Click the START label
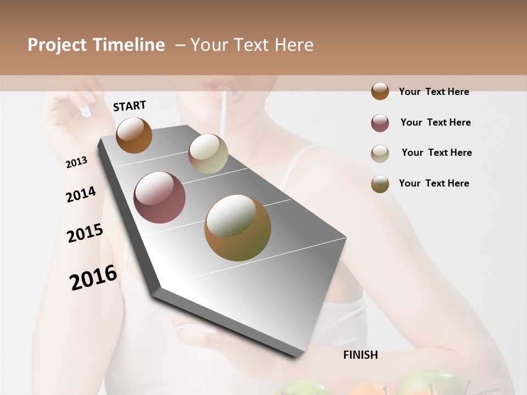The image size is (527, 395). click(130, 106)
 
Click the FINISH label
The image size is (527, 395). click(360, 355)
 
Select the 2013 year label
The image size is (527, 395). click(76, 162)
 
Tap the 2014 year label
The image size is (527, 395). click(81, 195)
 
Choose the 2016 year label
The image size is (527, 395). click(93, 278)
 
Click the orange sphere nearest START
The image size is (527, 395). click(134, 135)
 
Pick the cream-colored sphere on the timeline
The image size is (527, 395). click(208, 154)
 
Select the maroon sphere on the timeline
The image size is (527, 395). click(159, 198)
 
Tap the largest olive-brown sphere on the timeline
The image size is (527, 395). click(238, 228)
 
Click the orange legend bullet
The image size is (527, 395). click(380, 92)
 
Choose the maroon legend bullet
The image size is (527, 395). click(380, 123)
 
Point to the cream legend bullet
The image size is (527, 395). click(380, 154)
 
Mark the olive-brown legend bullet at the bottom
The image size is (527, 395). click(380, 184)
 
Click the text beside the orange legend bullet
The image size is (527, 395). click(434, 92)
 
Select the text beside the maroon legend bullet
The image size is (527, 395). click(435, 122)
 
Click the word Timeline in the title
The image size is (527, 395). click(128, 45)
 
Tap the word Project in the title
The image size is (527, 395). click(57, 45)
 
